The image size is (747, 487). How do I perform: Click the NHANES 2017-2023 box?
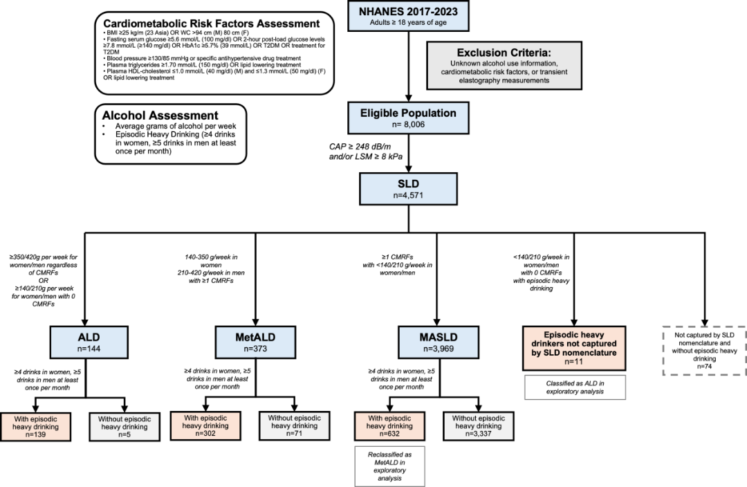[x=408, y=16]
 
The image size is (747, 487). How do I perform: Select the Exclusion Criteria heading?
[x=504, y=53]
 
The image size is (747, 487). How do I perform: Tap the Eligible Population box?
[x=408, y=118]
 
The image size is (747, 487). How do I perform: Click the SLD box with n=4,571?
[x=408, y=189]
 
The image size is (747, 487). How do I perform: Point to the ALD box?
[x=89, y=342]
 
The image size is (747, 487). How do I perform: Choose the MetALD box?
[x=255, y=342]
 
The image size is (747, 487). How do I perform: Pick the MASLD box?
[x=439, y=342]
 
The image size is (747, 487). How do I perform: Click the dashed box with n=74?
[x=705, y=351]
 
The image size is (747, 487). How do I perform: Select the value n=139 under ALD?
[x=36, y=434]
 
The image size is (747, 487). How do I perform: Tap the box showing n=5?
[x=124, y=427]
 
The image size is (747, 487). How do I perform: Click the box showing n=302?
[x=205, y=425]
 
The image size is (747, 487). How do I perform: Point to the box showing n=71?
[x=295, y=425]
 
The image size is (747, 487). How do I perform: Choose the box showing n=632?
[x=389, y=426]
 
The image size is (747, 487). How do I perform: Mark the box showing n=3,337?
[x=479, y=426]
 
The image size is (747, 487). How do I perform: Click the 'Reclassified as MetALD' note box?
[x=389, y=466]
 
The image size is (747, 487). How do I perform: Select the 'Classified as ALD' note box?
[x=575, y=387]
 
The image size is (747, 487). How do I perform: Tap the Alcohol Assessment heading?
[x=160, y=116]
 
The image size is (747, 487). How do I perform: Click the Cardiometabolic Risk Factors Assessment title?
[x=212, y=24]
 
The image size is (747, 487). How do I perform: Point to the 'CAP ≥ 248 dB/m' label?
[x=360, y=147]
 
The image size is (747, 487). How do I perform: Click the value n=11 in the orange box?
[x=573, y=362]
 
